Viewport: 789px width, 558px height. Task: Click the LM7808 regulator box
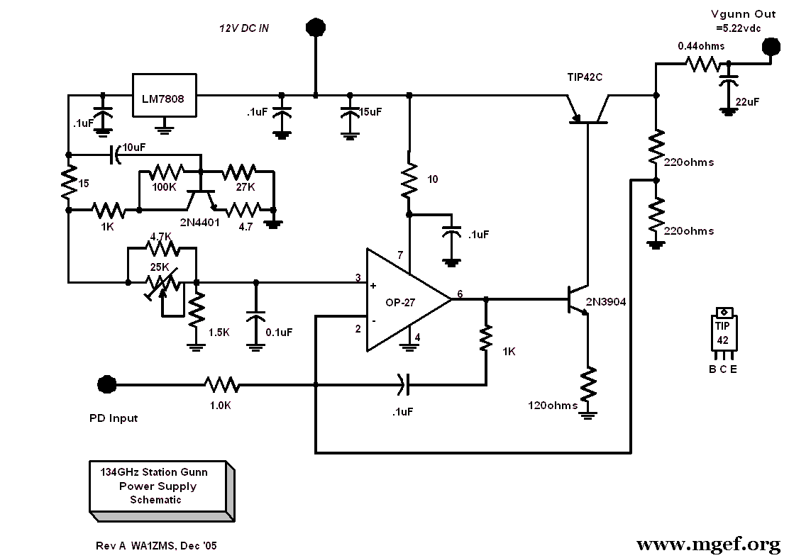click(164, 96)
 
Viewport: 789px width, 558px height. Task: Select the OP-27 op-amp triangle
click(408, 300)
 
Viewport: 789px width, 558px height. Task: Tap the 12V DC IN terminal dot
click(316, 27)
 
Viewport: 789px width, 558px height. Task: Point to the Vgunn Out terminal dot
click(770, 48)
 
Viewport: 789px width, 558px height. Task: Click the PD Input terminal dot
click(106, 385)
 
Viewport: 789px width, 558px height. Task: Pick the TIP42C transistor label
click(585, 77)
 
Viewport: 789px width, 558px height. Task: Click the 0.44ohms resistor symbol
click(702, 64)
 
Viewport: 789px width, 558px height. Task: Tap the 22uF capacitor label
click(747, 102)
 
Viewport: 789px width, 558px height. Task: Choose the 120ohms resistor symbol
click(587, 384)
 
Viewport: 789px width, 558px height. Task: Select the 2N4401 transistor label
click(200, 222)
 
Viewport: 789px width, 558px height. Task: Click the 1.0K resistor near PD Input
click(221, 385)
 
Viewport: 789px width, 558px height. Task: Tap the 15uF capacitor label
click(370, 112)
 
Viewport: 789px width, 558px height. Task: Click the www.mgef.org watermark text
click(708, 544)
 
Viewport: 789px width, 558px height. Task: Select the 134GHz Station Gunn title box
click(162, 491)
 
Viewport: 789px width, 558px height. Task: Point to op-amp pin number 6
click(460, 294)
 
